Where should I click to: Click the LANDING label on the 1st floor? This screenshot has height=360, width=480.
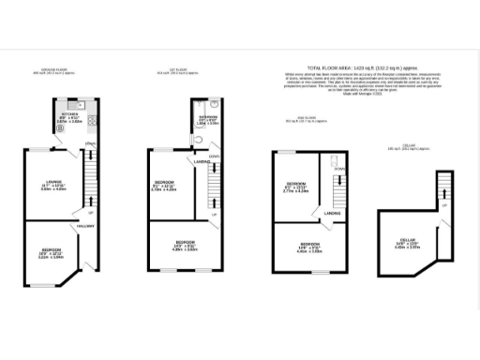pos(202,161)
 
